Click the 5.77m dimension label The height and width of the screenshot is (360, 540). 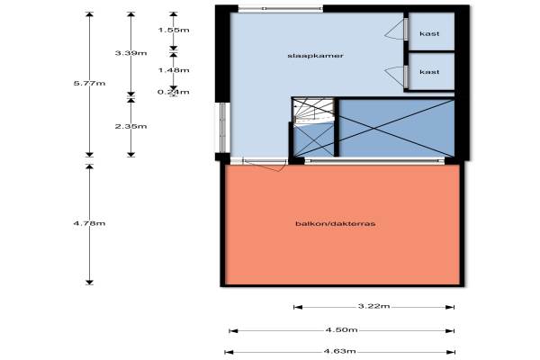[x=89, y=84]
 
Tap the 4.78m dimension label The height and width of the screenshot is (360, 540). [x=89, y=223]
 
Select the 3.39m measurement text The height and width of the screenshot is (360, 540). [x=131, y=53]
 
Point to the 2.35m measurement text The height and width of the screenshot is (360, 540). [x=131, y=127]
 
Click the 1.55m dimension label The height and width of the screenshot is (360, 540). [x=174, y=30]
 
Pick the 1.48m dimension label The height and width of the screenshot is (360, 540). [x=174, y=69]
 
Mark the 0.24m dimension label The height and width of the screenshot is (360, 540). [x=174, y=90]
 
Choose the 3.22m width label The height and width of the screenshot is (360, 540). [x=373, y=308]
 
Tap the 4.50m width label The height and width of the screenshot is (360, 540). [x=341, y=330]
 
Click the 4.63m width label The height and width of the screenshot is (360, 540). [x=341, y=352]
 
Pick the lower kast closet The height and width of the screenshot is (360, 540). [x=429, y=71]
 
